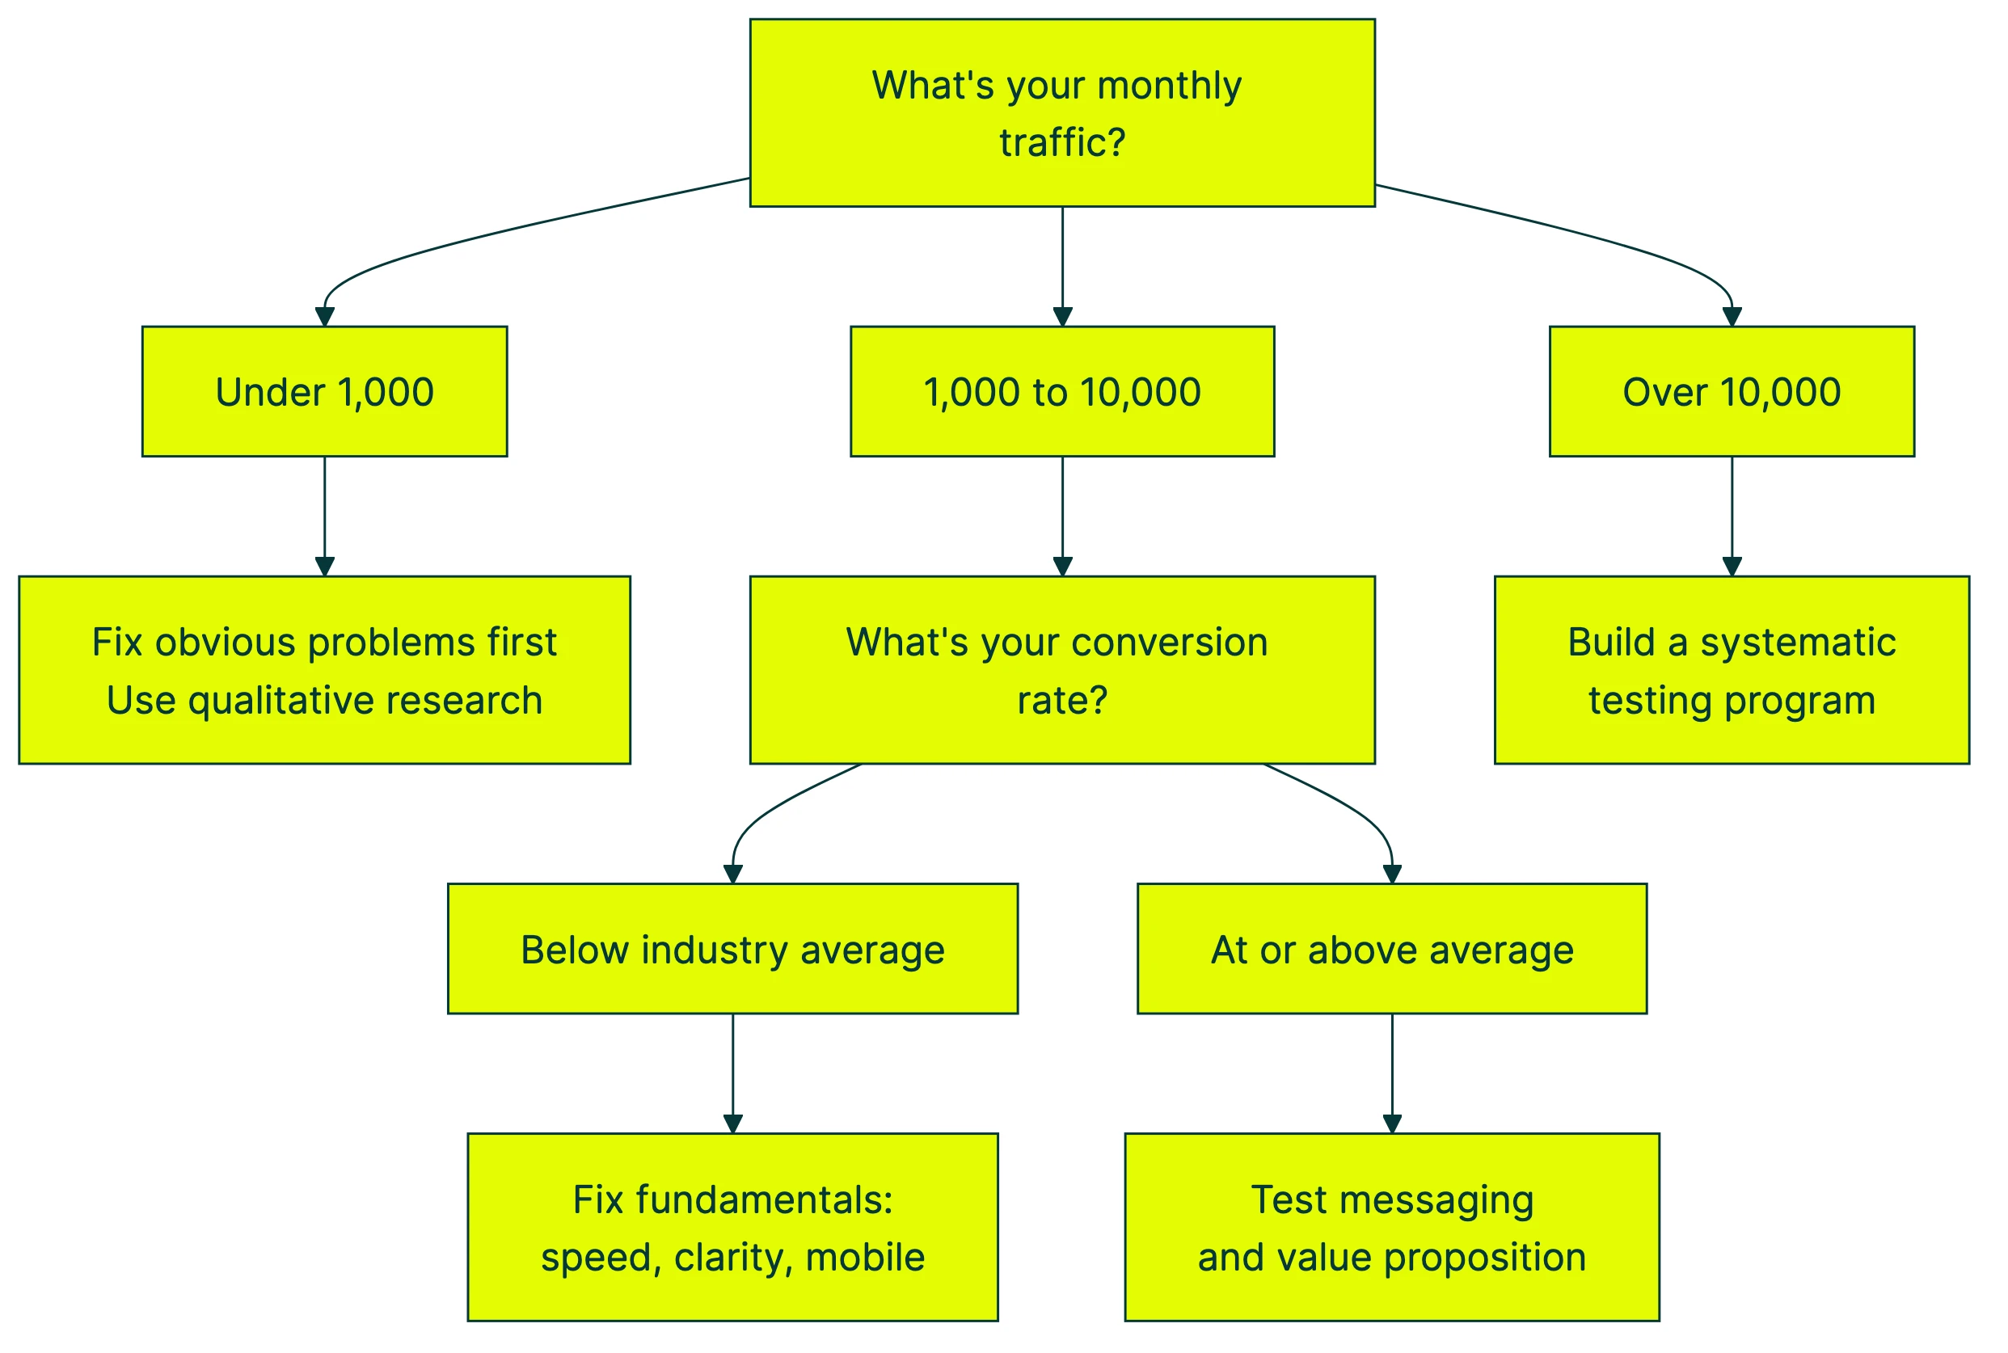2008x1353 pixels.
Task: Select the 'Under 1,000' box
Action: pyautogui.click(x=324, y=391)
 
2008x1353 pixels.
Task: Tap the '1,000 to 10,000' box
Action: pyautogui.click(x=1061, y=391)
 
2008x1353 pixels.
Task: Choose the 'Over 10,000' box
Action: pyautogui.click(x=1731, y=391)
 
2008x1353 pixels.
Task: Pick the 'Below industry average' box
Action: pyautogui.click(x=732, y=949)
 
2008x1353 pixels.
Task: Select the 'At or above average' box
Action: pyautogui.click(x=1391, y=949)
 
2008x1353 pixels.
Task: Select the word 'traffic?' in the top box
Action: pyautogui.click(x=1061, y=143)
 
